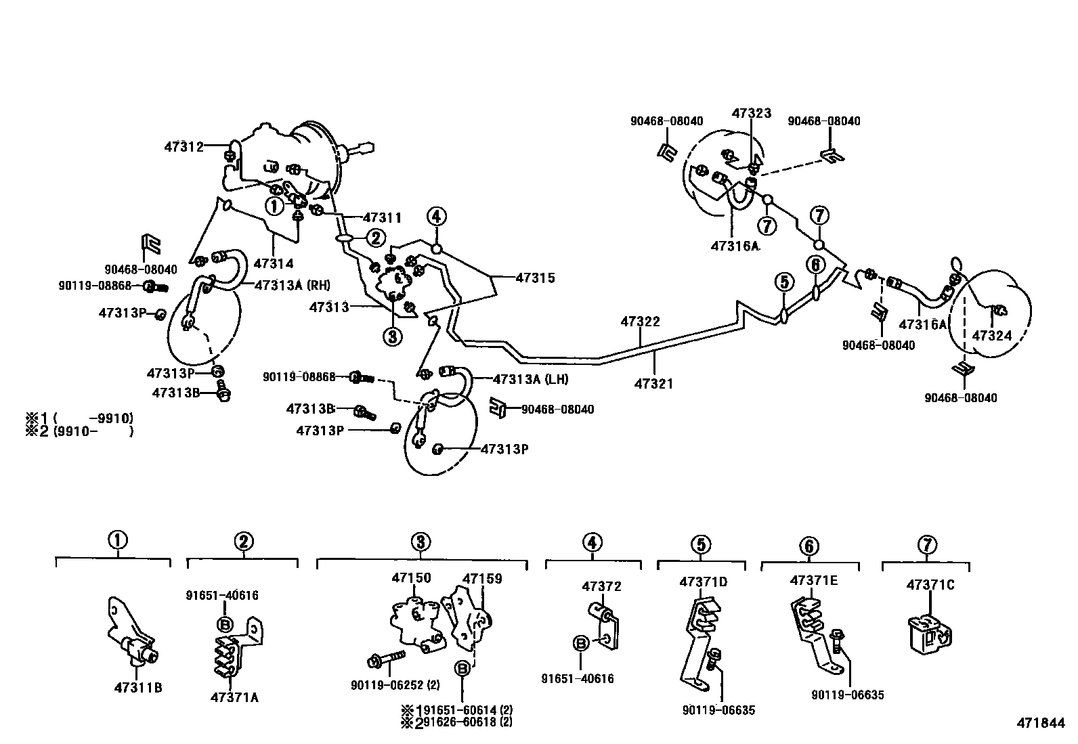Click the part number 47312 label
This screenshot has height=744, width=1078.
click(x=183, y=146)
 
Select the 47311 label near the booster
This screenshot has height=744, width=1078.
click(x=382, y=218)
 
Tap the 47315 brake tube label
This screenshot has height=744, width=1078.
click(x=535, y=278)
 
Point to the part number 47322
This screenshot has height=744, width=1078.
click(x=640, y=322)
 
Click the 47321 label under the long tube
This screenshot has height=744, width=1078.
click(x=653, y=384)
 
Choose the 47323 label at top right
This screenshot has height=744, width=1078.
click(x=751, y=113)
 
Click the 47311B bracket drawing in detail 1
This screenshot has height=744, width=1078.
click(x=135, y=634)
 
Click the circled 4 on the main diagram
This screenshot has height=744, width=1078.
click(x=436, y=217)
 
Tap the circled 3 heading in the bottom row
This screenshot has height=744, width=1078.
click(x=420, y=542)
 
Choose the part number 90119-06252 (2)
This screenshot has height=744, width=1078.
click(x=395, y=685)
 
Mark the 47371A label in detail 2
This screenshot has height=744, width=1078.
click(x=234, y=697)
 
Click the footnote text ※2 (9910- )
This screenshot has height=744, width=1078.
click(x=79, y=431)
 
